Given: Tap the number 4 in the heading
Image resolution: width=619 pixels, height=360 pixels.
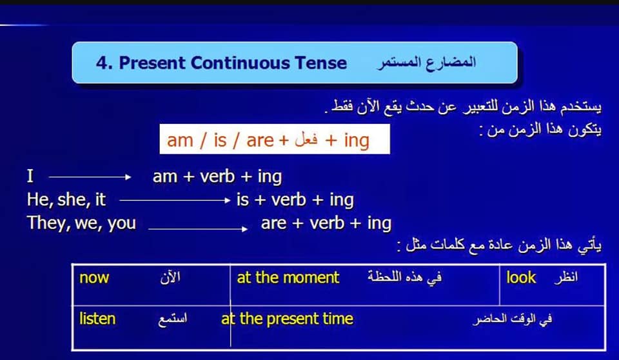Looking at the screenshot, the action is click(x=101, y=63).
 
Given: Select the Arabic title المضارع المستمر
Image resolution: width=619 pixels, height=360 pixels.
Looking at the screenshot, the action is click(x=426, y=63).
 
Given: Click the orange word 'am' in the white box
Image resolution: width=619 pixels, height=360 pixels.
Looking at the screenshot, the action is click(x=180, y=140).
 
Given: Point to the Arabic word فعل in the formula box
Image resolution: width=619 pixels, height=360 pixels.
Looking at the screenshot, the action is click(x=306, y=139).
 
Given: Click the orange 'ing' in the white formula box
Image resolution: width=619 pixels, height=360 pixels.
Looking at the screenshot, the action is click(x=357, y=141).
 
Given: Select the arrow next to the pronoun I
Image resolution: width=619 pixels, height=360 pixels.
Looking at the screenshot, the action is click(x=90, y=177).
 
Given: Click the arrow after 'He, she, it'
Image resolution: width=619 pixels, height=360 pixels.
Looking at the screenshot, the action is click(x=175, y=201).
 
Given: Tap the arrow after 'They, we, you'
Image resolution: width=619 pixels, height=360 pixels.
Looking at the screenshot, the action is click(x=198, y=229).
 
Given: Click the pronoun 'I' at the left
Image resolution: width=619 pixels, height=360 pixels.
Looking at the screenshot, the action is click(x=30, y=176).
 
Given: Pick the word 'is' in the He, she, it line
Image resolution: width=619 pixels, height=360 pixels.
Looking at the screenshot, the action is click(x=243, y=199).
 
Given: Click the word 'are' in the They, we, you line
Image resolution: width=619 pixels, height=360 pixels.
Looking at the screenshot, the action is click(x=273, y=224).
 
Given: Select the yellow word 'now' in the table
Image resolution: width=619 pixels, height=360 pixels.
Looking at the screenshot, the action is click(x=94, y=278).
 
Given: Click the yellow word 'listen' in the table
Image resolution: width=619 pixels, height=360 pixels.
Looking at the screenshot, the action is click(x=97, y=319).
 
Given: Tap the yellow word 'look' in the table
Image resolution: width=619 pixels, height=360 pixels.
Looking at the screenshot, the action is click(x=521, y=277).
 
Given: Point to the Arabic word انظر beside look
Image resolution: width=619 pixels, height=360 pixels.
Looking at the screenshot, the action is click(x=565, y=277).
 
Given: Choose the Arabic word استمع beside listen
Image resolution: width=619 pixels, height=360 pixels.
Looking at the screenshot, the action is click(x=173, y=319).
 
